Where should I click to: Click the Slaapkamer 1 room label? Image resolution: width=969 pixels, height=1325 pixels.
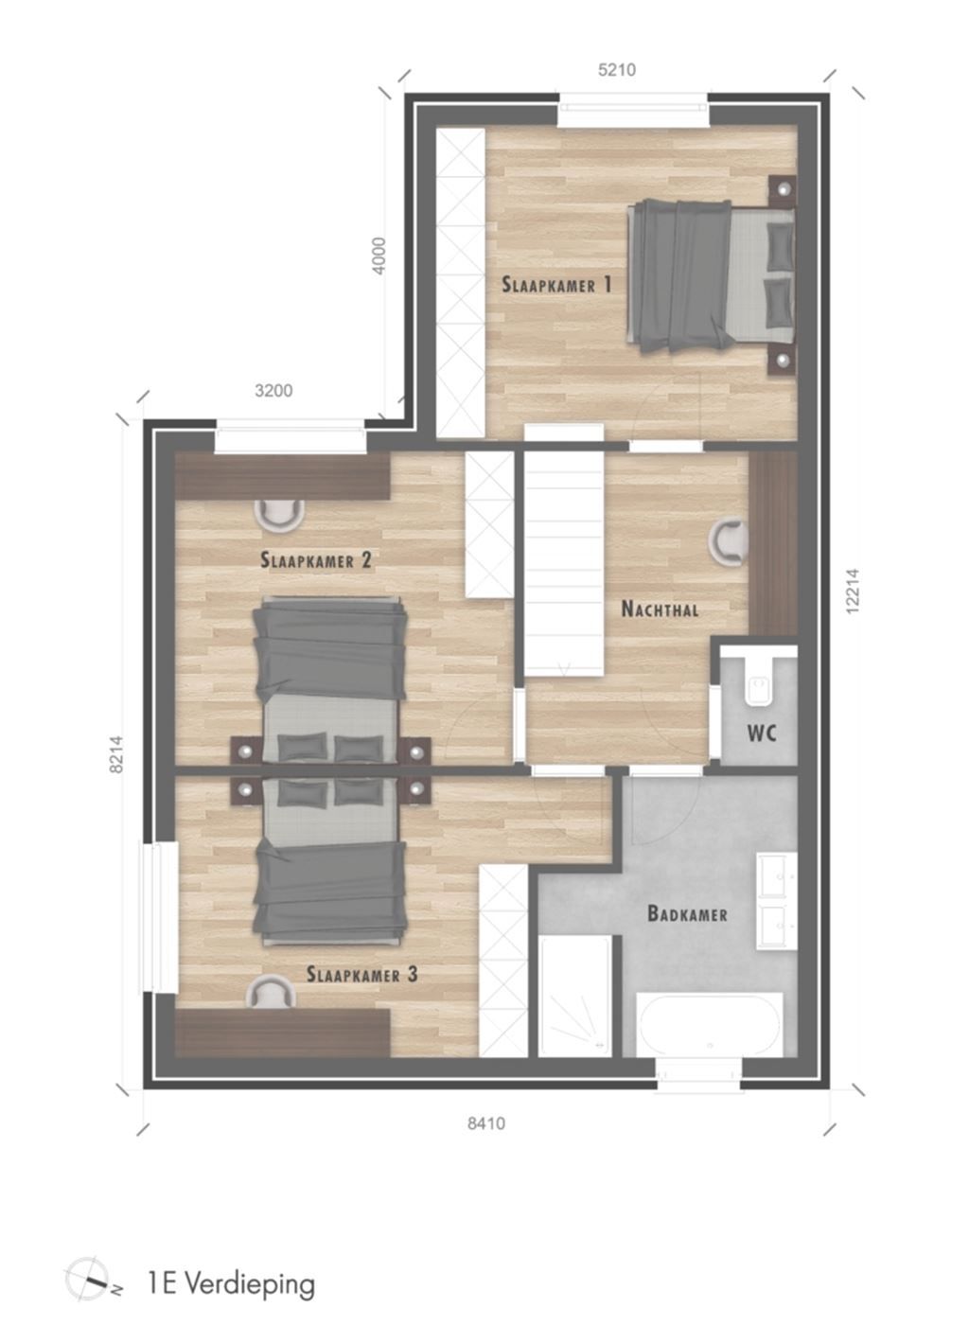[x=556, y=285]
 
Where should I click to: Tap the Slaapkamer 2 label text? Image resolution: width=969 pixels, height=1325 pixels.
[x=316, y=560]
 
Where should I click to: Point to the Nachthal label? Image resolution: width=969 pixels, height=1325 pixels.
[x=660, y=609]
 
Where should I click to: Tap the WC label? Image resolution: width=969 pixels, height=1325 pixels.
[x=762, y=734]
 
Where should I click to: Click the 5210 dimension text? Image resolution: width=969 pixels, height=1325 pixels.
[x=616, y=70]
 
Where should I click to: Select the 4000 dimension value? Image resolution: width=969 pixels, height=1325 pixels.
[x=379, y=256]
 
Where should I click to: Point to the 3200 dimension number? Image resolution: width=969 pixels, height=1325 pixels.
[x=273, y=391]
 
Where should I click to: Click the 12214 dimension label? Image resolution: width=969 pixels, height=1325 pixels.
[x=853, y=592]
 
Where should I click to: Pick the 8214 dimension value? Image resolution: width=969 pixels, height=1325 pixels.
[x=116, y=754]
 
